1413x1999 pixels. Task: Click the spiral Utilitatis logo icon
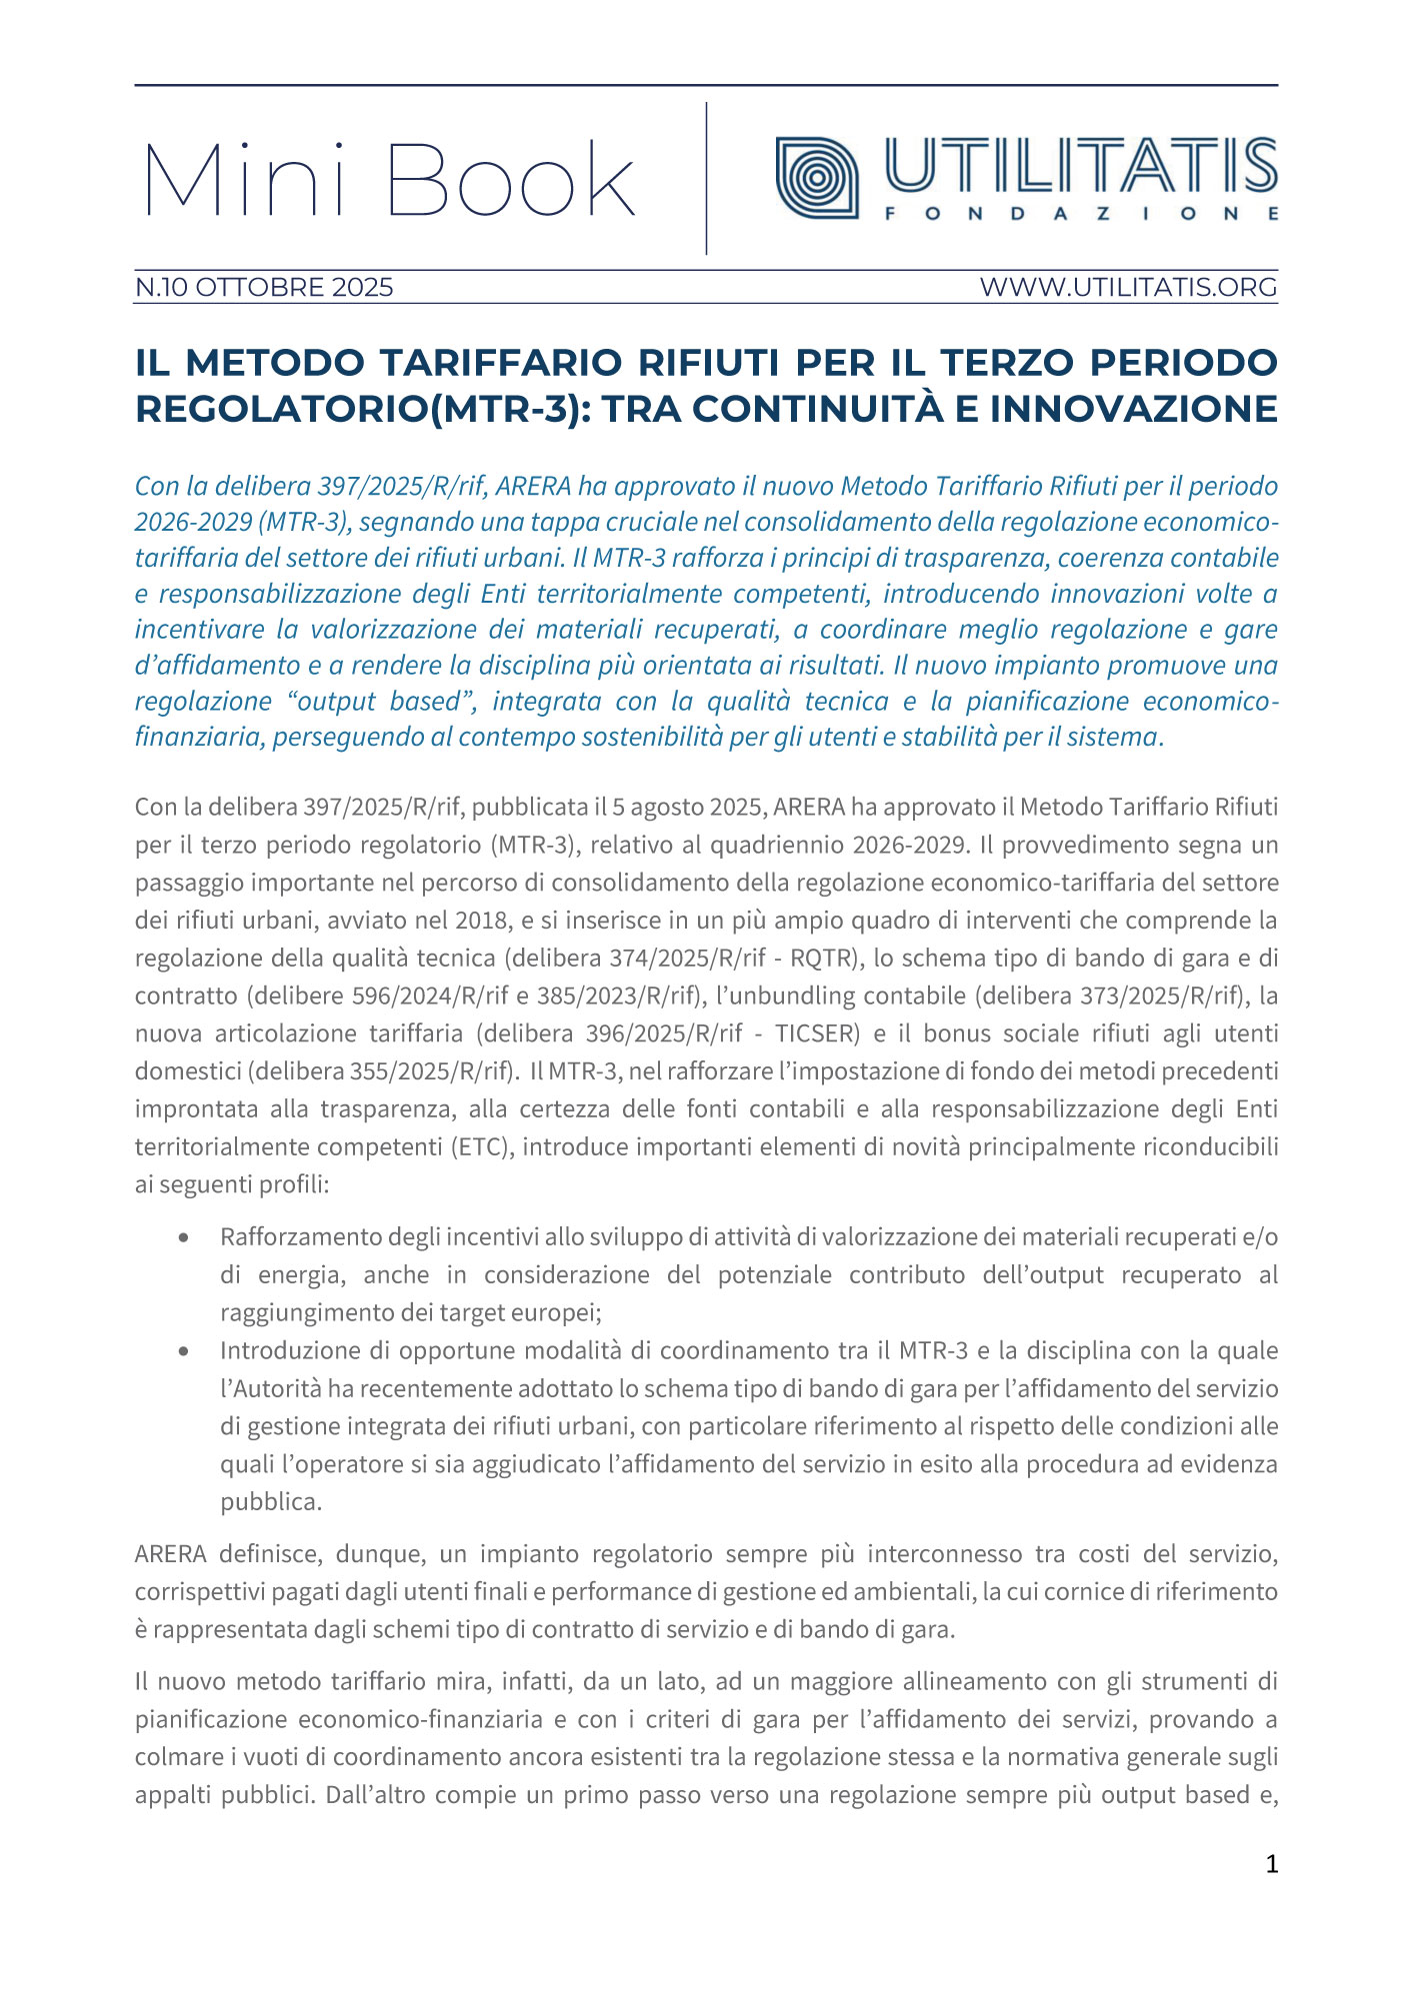click(817, 178)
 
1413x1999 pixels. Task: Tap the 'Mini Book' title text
click(389, 180)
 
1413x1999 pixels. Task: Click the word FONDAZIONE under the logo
click(1081, 214)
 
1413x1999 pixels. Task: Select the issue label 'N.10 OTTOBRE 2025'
click(264, 288)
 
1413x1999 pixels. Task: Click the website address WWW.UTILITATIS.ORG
click(1128, 288)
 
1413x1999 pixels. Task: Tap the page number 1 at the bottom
click(1271, 1864)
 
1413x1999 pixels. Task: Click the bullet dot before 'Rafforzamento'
click(184, 1237)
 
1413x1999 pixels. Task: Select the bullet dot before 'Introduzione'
click(184, 1351)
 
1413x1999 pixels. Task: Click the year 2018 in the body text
click(481, 921)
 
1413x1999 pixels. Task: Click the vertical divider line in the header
click(706, 178)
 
